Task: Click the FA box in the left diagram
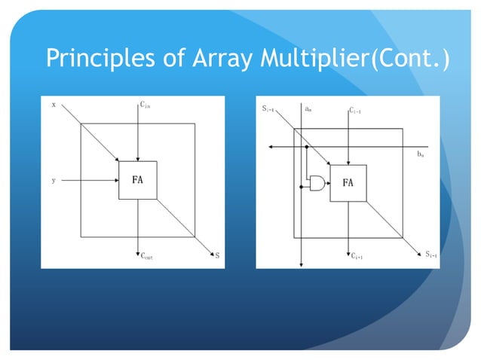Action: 137,180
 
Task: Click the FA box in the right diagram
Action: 348,183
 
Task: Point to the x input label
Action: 53,105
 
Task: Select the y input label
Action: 53,181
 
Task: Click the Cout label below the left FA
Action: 146,256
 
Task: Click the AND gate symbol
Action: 317,183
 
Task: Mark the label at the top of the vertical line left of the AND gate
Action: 308,109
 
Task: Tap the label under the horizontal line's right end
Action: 420,154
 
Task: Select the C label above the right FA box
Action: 356,111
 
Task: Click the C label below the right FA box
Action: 357,256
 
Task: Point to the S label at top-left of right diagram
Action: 268,110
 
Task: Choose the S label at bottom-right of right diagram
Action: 430,255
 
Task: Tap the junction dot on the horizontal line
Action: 307,146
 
